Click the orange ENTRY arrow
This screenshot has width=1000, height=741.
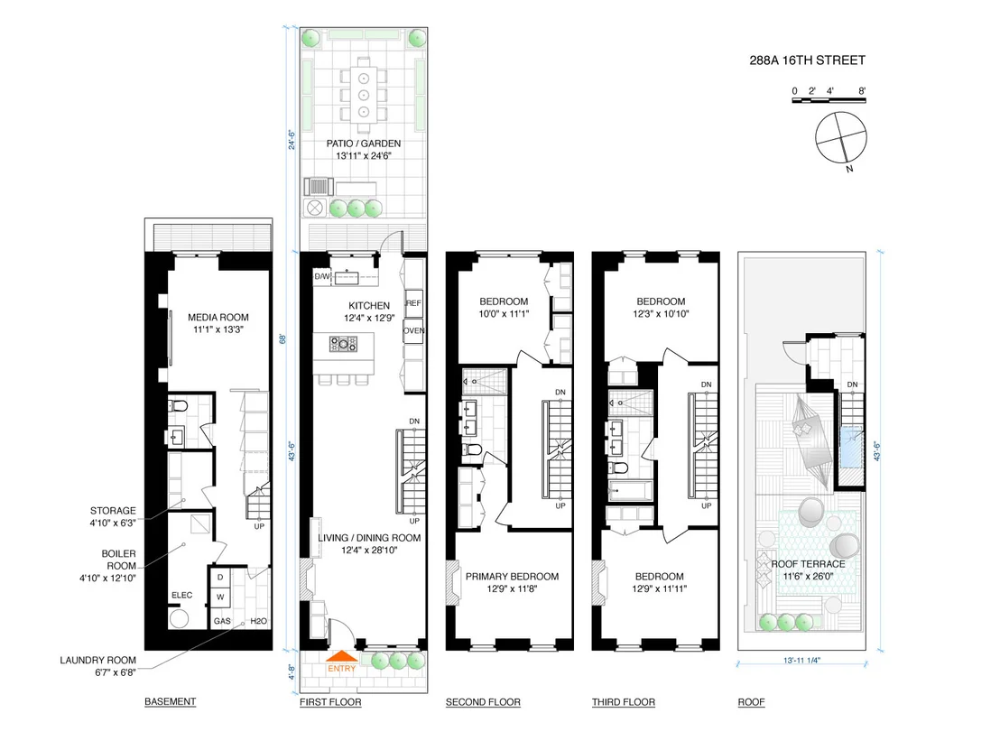[342, 656]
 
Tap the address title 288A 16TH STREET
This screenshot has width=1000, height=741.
[807, 60]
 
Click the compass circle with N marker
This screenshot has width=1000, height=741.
[841, 138]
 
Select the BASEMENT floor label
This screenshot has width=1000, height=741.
[170, 701]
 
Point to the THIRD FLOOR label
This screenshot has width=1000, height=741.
[623, 702]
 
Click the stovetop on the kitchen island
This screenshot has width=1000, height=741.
[343, 345]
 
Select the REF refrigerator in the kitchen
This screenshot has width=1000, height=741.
[414, 303]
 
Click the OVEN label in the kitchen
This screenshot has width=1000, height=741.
[414, 330]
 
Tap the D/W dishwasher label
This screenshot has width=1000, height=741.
[322, 277]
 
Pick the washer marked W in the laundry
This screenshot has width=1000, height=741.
[220, 597]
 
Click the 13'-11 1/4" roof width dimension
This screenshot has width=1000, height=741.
[801, 660]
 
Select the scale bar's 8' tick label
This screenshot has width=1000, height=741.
[862, 91]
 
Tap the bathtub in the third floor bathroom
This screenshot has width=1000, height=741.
[630, 491]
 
